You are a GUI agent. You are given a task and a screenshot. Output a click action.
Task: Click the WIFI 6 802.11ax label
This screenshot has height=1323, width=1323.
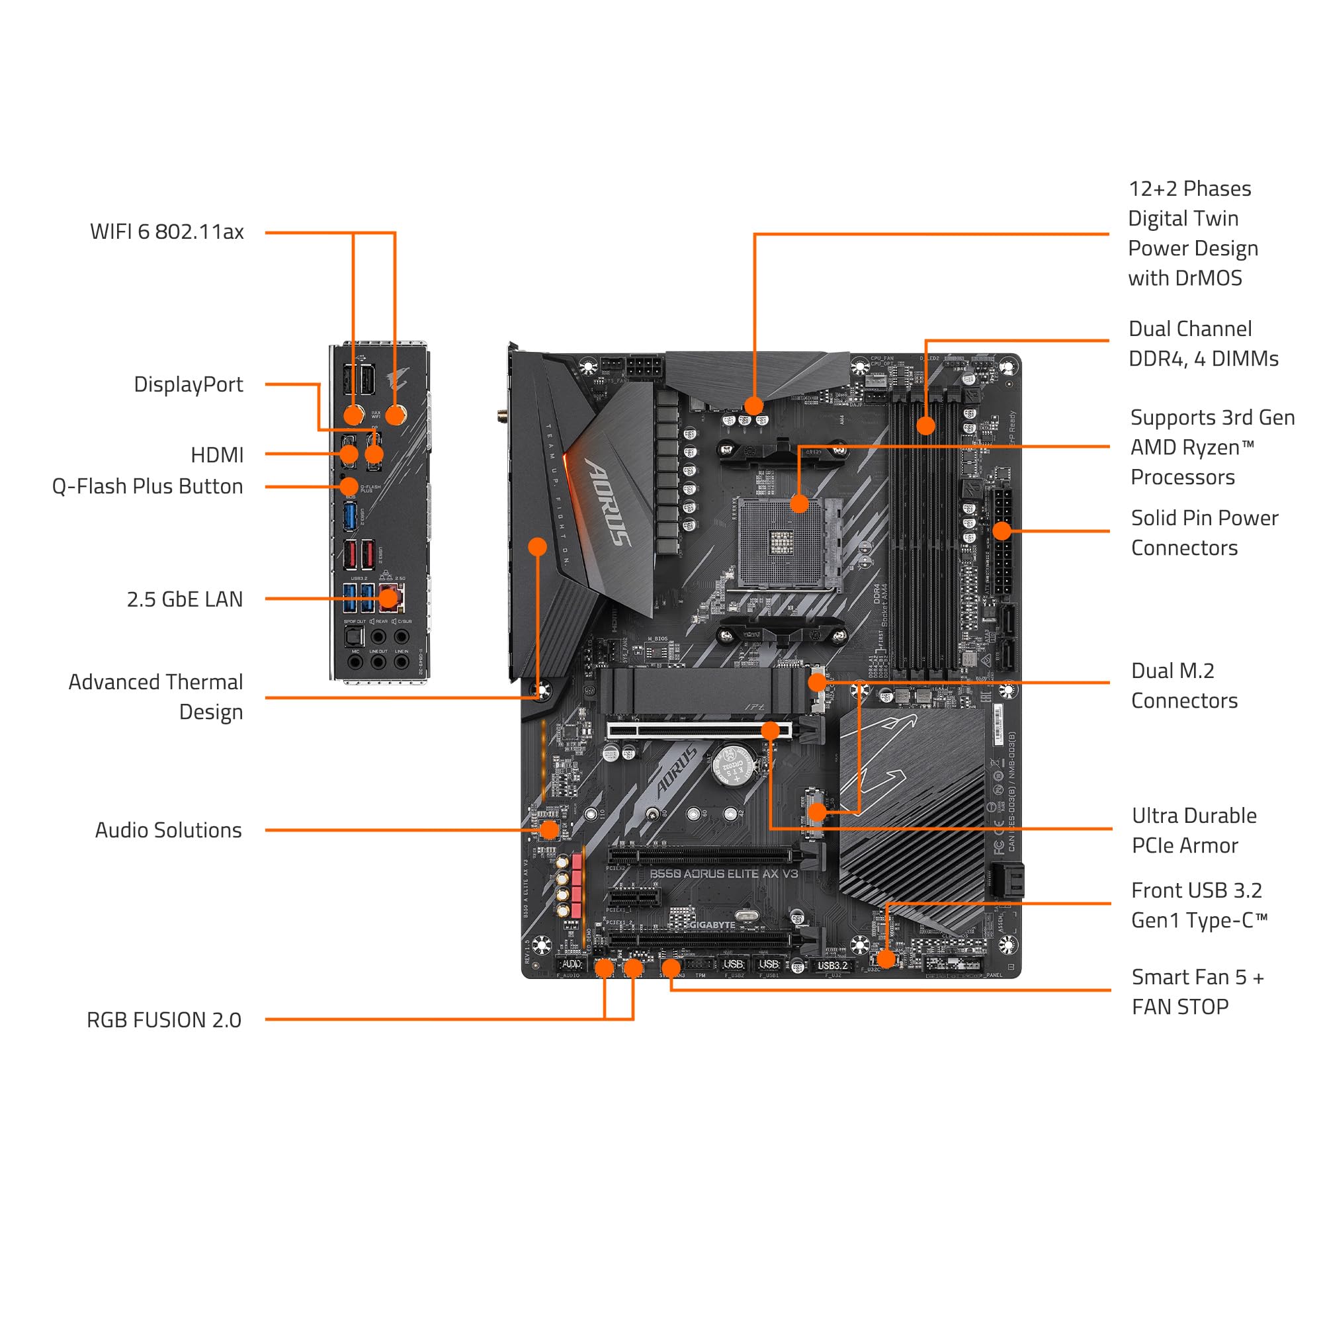(167, 232)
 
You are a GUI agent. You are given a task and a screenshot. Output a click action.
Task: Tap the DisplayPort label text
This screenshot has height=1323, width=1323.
(189, 384)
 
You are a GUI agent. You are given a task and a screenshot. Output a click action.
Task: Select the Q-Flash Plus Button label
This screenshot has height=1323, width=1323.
(148, 486)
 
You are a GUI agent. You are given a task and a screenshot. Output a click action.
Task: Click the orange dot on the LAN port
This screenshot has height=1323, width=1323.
(388, 599)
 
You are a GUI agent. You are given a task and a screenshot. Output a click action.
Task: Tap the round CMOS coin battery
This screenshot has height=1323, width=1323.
(734, 765)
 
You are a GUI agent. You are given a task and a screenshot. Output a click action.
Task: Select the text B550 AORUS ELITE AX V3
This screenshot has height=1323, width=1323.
(723, 874)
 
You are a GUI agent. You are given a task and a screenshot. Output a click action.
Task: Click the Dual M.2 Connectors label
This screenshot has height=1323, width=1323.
(1184, 685)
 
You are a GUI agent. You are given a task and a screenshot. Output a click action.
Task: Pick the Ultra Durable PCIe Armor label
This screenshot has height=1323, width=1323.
(1193, 831)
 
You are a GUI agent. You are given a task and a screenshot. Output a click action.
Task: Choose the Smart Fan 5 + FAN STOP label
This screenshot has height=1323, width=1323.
(1197, 992)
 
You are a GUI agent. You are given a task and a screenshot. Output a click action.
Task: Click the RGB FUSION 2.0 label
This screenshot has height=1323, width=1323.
(163, 1020)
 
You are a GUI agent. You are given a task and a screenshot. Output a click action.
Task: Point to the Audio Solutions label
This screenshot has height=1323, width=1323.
(168, 830)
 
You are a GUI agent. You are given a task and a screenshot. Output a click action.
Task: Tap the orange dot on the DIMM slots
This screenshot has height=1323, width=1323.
(925, 425)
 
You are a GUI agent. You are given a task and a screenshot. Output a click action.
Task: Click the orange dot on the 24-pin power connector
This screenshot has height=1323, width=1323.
(1001, 531)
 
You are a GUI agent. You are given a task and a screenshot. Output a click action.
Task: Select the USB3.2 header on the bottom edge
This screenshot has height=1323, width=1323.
(832, 966)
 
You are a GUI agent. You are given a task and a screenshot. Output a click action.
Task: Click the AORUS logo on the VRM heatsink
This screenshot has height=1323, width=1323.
(607, 502)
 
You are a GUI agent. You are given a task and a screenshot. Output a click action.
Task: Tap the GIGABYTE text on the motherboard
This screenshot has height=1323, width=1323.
(712, 925)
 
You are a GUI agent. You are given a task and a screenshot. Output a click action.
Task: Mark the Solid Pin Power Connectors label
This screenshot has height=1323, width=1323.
(1204, 533)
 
